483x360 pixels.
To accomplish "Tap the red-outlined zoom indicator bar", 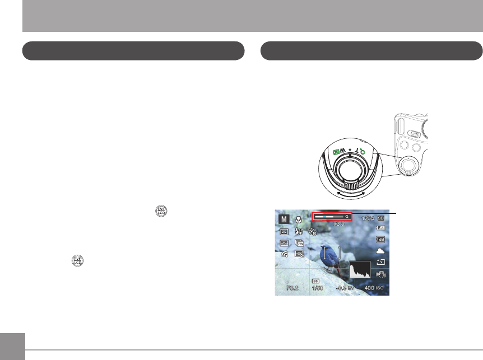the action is [x=332, y=216].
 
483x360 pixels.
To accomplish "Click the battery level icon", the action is [x=381, y=228].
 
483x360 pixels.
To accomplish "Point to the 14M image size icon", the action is [x=380, y=240].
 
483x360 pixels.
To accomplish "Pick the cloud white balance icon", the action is [x=380, y=251].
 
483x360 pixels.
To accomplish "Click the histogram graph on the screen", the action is [x=360, y=270].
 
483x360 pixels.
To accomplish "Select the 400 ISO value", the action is [x=373, y=288].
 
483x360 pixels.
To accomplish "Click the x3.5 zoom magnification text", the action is [x=338, y=223].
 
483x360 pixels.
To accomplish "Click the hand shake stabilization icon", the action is [x=381, y=274].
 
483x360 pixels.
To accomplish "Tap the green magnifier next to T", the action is [x=361, y=149].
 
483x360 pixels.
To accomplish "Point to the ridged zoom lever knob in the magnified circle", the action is [x=350, y=186].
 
